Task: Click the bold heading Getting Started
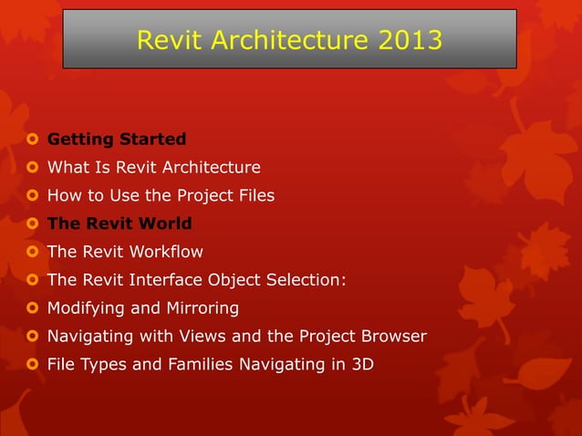[x=117, y=140]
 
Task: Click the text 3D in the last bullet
[x=361, y=365]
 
